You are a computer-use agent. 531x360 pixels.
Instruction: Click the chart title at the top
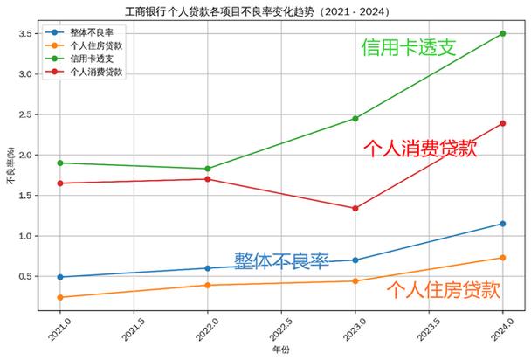click(x=265, y=11)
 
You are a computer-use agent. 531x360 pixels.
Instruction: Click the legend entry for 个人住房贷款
click(x=95, y=45)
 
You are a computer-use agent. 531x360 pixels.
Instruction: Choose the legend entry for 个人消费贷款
click(x=95, y=72)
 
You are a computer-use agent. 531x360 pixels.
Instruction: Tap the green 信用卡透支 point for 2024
click(x=502, y=33)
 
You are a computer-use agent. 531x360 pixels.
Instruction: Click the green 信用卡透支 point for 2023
click(x=355, y=118)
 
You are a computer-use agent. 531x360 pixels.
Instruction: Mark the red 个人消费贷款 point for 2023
click(x=355, y=208)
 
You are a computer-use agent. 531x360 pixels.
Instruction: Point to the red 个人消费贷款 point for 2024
click(x=502, y=123)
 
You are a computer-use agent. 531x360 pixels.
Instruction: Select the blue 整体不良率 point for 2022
click(x=207, y=268)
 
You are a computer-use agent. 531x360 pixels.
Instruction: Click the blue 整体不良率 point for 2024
click(x=502, y=224)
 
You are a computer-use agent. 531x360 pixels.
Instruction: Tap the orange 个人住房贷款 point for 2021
click(x=59, y=297)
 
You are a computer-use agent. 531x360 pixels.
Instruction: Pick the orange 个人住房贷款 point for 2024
click(x=502, y=258)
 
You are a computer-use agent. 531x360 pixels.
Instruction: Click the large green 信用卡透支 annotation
click(x=409, y=48)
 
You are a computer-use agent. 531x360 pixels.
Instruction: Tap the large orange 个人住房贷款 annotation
click(x=443, y=290)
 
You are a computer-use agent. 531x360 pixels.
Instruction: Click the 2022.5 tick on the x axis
click(x=279, y=325)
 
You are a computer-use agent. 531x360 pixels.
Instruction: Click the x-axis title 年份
click(x=280, y=350)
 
